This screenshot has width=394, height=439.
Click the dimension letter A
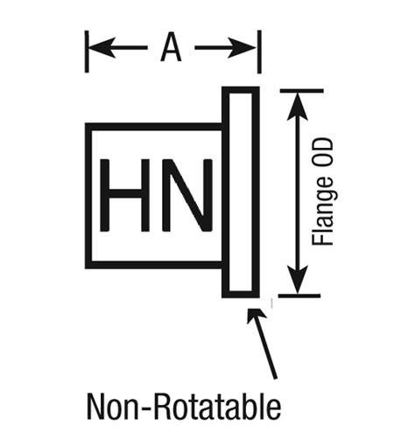pyautogui.click(x=171, y=47)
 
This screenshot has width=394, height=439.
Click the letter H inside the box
pyautogui.click(x=125, y=195)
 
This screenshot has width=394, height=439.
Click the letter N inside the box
pyautogui.click(x=187, y=195)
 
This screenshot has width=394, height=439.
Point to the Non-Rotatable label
pyautogui.click(x=184, y=407)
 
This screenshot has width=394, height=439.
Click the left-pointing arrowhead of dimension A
pyautogui.click(x=102, y=47)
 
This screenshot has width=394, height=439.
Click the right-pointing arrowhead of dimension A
pyautogui.click(x=243, y=47)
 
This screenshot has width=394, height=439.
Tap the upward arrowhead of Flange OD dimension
pyautogui.click(x=298, y=106)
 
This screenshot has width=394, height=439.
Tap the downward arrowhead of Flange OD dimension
pyautogui.click(x=298, y=280)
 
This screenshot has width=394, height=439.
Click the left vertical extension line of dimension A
pyautogui.click(x=87, y=52)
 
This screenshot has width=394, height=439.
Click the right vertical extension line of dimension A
pyautogui.click(x=259, y=52)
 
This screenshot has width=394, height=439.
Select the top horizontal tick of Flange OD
pyautogui.click(x=302, y=91)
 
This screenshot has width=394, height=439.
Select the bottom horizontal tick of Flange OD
pyautogui.click(x=299, y=296)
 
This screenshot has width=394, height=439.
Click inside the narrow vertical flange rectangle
pyautogui.click(x=241, y=192)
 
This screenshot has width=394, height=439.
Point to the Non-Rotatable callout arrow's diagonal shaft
pyautogui.click(x=266, y=348)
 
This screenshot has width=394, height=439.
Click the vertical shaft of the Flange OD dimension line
pyautogui.click(x=298, y=193)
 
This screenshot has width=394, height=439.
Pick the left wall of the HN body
pyautogui.click(x=88, y=196)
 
